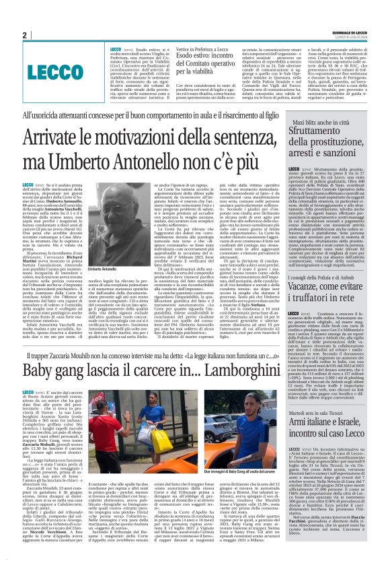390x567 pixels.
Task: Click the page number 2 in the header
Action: (x=24, y=34)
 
